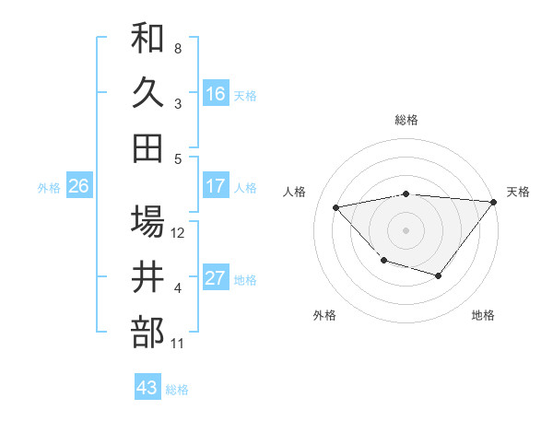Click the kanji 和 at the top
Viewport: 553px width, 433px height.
pyautogui.click(x=147, y=40)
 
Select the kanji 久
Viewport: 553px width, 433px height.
pyautogui.click(x=147, y=93)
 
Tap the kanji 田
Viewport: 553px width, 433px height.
pyautogui.click(x=147, y=147)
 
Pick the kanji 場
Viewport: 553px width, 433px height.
pyautogui.click(x=147, y=222)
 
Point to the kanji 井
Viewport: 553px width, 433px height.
pyautogui.click(x=147, y=277)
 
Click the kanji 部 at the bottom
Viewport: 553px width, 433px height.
pyautogui.click(x=147, y=332)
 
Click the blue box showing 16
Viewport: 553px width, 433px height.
pyautogui.click(x=215, y=93)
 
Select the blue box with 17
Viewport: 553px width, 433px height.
pyautogui.click(x=215, y=186)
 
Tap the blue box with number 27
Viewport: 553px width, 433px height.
pyautogui.click(x=215, y=278)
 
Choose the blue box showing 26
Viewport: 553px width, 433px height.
pyautogui.click(x=78, y=186)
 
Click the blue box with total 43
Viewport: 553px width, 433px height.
pyautogui.click(x=147, y=388)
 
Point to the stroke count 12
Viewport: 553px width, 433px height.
pyautogui.click(x=179, y=233)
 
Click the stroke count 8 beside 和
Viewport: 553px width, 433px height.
pyautogui.click(x=178, y=48)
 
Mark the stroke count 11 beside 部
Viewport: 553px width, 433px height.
pyautogui.click(x=178, y=344)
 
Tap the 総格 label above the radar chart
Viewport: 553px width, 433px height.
pyautogui.click(x=406, y=120)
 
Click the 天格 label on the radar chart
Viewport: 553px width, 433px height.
pyautogui.click(x=518, y=192)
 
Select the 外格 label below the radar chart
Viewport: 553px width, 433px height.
pyautogui.click(x=324, y=315)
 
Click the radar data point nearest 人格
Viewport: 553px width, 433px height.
pyautogui.click(x=336, y=207)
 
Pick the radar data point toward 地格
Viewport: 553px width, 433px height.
pyautogui.click(x=439, y=275)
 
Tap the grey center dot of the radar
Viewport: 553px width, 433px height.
pyautogui.click(x=406, y=229)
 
